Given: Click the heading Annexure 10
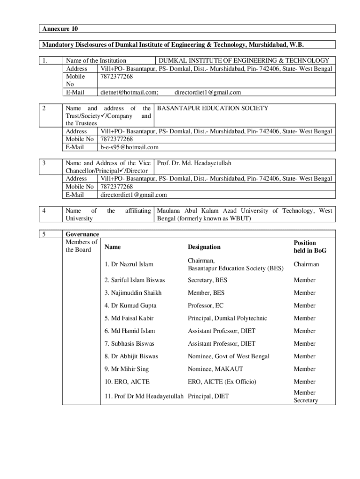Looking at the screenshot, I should coord(58,29).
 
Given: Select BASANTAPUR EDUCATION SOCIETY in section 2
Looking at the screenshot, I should coord(213,109).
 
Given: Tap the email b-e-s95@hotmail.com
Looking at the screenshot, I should coord(130,147).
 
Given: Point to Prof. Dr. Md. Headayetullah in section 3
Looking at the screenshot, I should coord(194,163).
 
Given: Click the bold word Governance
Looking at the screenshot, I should coord(82,234).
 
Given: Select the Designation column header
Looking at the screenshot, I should coord(204,247).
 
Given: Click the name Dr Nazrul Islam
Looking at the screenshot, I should coord(129,264).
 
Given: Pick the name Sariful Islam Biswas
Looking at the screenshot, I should coord(135,280).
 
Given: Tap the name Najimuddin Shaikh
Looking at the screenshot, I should coord(133,293).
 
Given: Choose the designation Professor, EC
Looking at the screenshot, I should coord(206,305).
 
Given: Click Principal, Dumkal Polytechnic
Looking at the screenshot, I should coord(227,318).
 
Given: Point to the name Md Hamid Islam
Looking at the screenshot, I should coord(130,331).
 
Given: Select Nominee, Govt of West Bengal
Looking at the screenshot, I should coord(229,356).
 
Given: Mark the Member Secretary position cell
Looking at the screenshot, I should coord(305,397).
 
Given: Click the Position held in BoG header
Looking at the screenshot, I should coord(310,247).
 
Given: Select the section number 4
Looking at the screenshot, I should coord(44,211).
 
